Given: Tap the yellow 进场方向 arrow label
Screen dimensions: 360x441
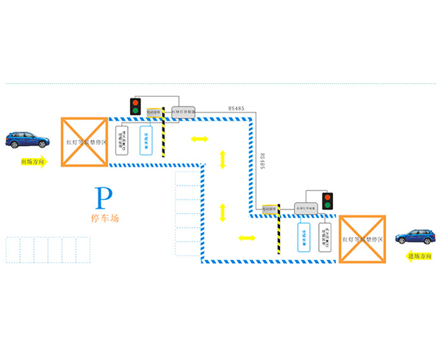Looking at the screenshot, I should pos(420,256).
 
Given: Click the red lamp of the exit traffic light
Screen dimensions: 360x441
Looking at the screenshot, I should pos(135,101).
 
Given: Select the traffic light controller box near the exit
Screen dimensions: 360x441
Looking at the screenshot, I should pos(184,112).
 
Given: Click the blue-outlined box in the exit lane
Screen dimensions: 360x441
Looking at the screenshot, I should pos(144,139).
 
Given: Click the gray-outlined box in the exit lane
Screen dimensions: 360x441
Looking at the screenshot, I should pos(123,139).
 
